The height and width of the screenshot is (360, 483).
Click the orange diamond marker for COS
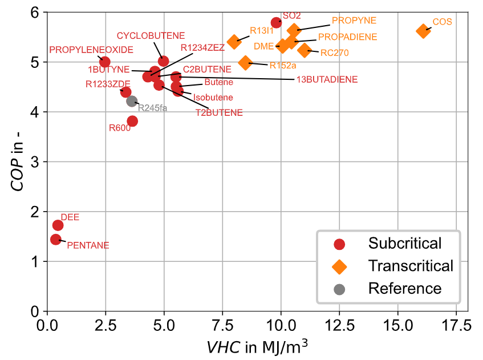(x=423, y=31)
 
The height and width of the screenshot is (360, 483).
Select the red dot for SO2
(x=277, y=22)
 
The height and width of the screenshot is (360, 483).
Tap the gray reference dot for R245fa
(x=132, y=101)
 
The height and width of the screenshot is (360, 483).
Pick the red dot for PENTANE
(x=56, y=239)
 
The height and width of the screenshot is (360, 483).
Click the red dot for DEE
(x=58, y=225)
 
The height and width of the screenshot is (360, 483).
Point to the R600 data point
(x=132, y=121)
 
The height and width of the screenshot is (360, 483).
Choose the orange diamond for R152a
(x=245, y=63)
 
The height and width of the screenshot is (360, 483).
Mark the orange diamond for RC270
(x=304, y=50)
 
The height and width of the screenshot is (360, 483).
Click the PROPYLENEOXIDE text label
(x=91, y=50)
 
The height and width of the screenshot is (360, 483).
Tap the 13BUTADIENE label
(x=327, y=79)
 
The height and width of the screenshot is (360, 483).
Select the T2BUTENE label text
(x=219, y=113)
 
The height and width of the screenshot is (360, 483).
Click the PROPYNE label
(x=354, y=21)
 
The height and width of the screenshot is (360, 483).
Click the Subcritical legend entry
(x=405, y=244)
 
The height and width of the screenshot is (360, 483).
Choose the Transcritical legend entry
(x=411, y=266)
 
